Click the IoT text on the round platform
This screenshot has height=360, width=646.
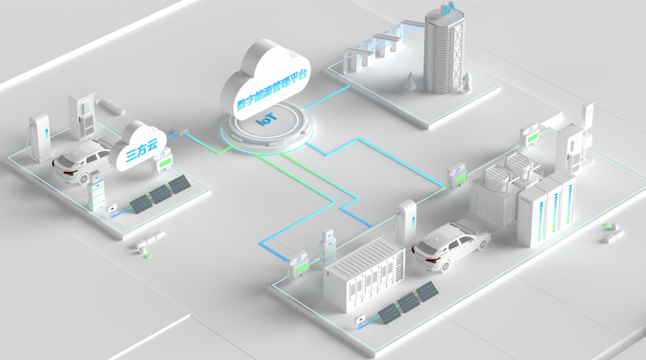coord(266,119)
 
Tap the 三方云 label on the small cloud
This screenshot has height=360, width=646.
coord(142,151)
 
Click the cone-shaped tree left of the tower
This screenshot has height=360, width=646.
coord(411,81)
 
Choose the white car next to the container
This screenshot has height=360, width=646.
coord(451,246)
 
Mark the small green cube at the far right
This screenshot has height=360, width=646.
coord(606,225)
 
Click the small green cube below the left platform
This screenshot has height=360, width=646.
coord(148,256)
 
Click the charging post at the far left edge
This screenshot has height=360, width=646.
coord(39,137)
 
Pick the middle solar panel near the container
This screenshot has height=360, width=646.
coord(408,303)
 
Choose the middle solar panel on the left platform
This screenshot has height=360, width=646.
coord(160,193)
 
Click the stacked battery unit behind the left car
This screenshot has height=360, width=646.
coord(96,191)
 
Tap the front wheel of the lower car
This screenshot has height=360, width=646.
coord(445,266)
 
